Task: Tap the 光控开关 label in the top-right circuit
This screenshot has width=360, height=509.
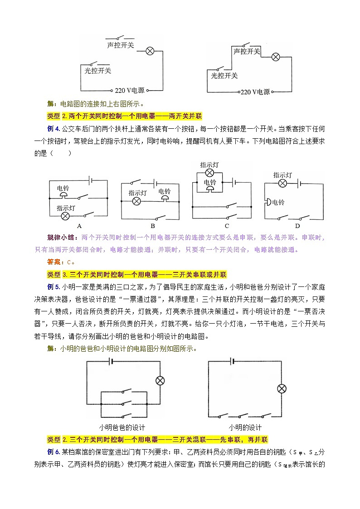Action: pyautogui.click(x=224, y=76)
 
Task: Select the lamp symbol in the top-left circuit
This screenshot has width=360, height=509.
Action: pyautogui.click(x=150, y=51)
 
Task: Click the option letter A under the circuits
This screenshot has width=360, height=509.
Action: pyautogui.click(x=79, y=226)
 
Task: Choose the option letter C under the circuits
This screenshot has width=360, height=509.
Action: pyautogui.click(x=227, y=226)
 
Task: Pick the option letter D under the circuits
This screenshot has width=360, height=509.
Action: pyautogui.click(x=297, y=226)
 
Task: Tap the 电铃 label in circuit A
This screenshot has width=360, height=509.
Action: pyautogui.click(x=63, y=188)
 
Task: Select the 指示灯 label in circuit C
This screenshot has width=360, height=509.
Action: pyautogui.click(x=209, y=165)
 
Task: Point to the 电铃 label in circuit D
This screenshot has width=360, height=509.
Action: pyautogui.click(x=277, y=203)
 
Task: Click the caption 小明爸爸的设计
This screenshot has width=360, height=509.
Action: pyautogui.click(x=122, y=427)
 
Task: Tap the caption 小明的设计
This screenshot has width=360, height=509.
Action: pyautogui.click(x=245, y=427)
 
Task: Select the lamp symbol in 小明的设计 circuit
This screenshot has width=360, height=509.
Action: pyautogui.click(x=282, y=388)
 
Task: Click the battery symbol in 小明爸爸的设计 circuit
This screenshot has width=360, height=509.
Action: pyautogui.click(x=110, y=361)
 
